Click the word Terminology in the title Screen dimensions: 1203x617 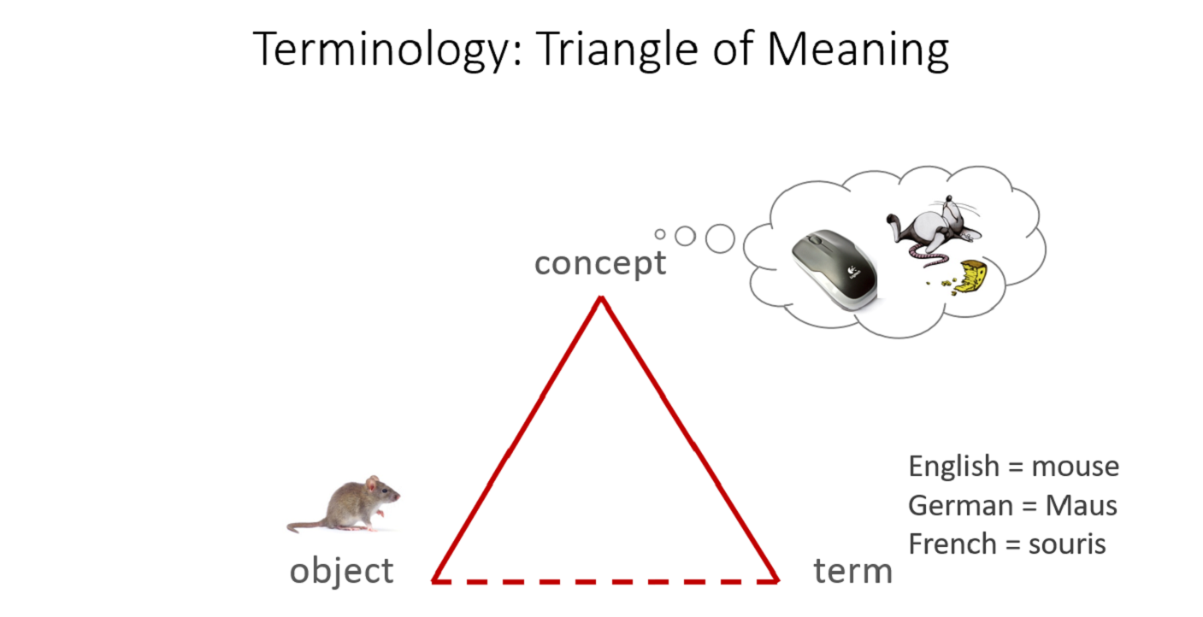[388, 50]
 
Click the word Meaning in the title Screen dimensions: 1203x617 [858, 50]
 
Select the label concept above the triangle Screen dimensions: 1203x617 [600, 263]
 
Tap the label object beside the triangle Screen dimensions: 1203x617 [341, 570]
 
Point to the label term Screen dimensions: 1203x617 [852, 570]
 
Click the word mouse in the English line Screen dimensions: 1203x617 [1076, 466]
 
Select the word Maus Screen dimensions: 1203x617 [1081, 505]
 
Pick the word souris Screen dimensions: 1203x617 [1067, 544]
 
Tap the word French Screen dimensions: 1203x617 [952, 544]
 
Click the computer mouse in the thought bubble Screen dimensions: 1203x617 [835, 270]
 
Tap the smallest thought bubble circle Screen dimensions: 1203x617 [660, 234]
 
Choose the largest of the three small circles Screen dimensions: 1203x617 [720, 238]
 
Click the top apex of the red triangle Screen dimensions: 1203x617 [602, 297]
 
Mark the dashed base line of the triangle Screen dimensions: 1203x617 [605, 581]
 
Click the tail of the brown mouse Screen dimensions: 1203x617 [306, 526]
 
